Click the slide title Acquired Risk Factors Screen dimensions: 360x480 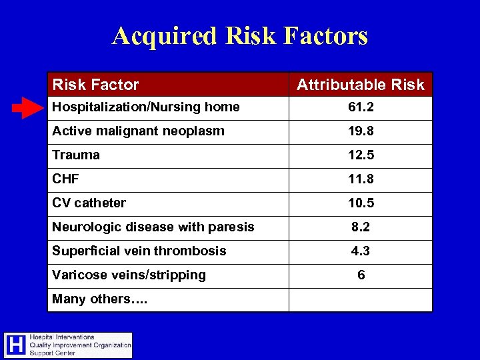point(240,35)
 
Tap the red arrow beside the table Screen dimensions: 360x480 point(27,107)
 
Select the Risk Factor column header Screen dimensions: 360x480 point(95,85)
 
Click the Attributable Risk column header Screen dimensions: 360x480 point(360,85)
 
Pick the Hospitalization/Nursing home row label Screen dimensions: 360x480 point(146,107)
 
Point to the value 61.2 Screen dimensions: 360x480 point(361,107)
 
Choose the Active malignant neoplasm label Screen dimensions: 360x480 point(138,131)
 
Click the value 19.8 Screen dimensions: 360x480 point(361,131)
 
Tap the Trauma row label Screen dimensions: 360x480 point(76,155)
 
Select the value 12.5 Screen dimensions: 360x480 point(361,155)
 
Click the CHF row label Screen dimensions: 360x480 point(66,179)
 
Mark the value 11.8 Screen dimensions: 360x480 point(361,179)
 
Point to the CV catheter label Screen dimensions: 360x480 point(89,203)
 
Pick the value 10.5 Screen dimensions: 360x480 point(361,203)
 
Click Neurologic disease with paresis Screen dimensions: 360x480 point(153,227)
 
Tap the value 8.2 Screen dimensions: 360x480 point(361,227)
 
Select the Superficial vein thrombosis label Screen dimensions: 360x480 point(139,251)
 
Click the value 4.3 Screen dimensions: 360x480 point(361,251)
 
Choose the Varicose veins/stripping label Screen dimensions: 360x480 point(129,275)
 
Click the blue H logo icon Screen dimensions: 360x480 point(16,345)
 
